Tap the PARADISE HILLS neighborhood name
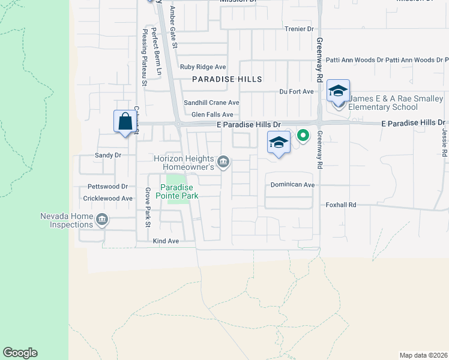227,79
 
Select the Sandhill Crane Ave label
211,103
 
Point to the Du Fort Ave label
297,91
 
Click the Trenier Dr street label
299,29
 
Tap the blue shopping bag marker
125,122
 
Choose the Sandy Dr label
108,155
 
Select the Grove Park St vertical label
146,208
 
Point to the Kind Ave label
166,241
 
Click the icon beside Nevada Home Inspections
101,220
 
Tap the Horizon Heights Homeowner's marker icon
223,161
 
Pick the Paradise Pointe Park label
177,191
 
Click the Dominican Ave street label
292,185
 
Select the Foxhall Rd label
341,205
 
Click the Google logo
20,353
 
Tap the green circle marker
303,136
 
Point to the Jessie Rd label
444,140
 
